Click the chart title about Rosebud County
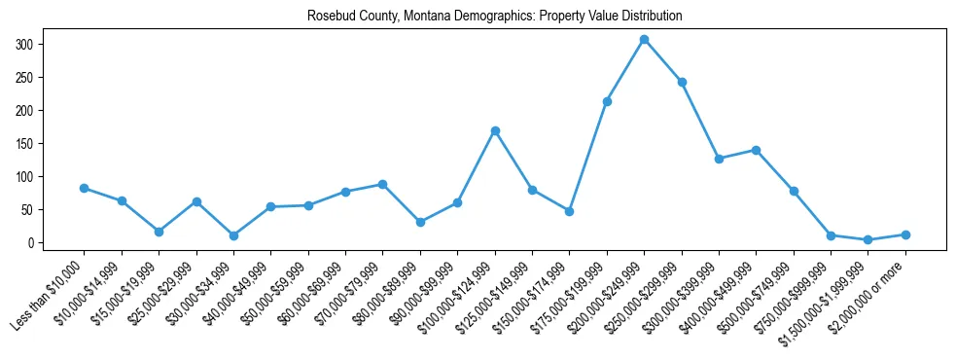(494, 16)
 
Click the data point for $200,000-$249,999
(644, 39)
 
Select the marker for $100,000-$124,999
(495, 130)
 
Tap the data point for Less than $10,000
(85, 188)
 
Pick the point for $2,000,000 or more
(905, 234)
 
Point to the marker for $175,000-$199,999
(607, 101)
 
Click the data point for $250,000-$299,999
(682, 82)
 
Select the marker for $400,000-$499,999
(756, 150)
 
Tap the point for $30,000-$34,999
(233, 235)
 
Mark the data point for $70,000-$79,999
(383, 184)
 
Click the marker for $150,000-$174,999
(569, 211)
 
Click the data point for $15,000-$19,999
(159, 232)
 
